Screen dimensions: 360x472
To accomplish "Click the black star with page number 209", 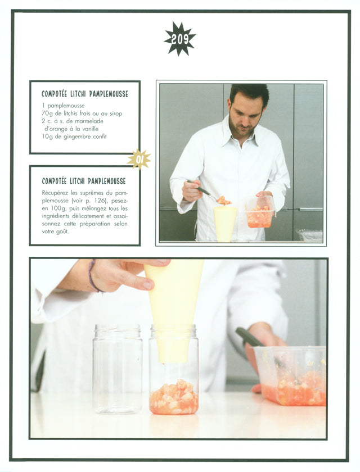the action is click(180, 39).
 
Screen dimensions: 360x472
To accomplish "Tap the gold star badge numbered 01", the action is click(139, 160).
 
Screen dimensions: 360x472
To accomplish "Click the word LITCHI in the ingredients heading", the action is click(78, 94).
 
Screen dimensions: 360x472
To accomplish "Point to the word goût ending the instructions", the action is click(62, 232).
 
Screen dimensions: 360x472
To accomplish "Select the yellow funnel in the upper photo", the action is click(225, 224).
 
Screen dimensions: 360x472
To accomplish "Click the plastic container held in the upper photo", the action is click(260, 212).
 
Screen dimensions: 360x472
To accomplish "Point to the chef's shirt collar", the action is click(240, 134).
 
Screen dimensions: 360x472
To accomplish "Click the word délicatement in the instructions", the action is click(88, 216).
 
